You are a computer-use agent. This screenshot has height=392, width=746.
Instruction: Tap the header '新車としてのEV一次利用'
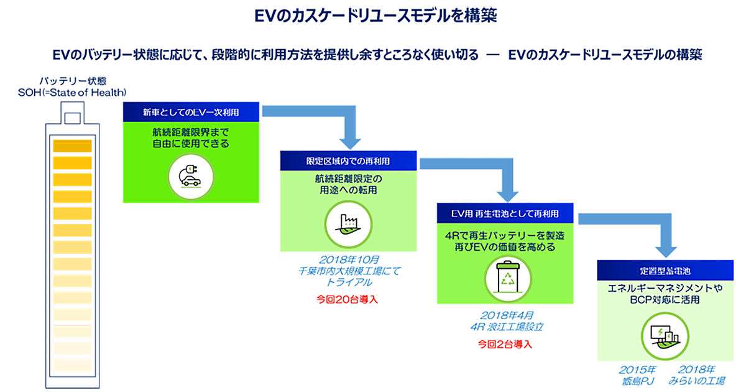point(190,113)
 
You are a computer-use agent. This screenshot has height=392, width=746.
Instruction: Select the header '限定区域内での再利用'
point(348,161)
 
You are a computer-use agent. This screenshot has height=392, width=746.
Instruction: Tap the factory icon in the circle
point(348,222)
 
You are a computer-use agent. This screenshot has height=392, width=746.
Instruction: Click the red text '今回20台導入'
point(348,299)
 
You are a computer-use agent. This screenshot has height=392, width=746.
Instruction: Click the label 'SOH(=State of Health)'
point(72,93)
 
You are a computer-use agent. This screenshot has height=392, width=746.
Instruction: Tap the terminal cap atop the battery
point(72,116)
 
